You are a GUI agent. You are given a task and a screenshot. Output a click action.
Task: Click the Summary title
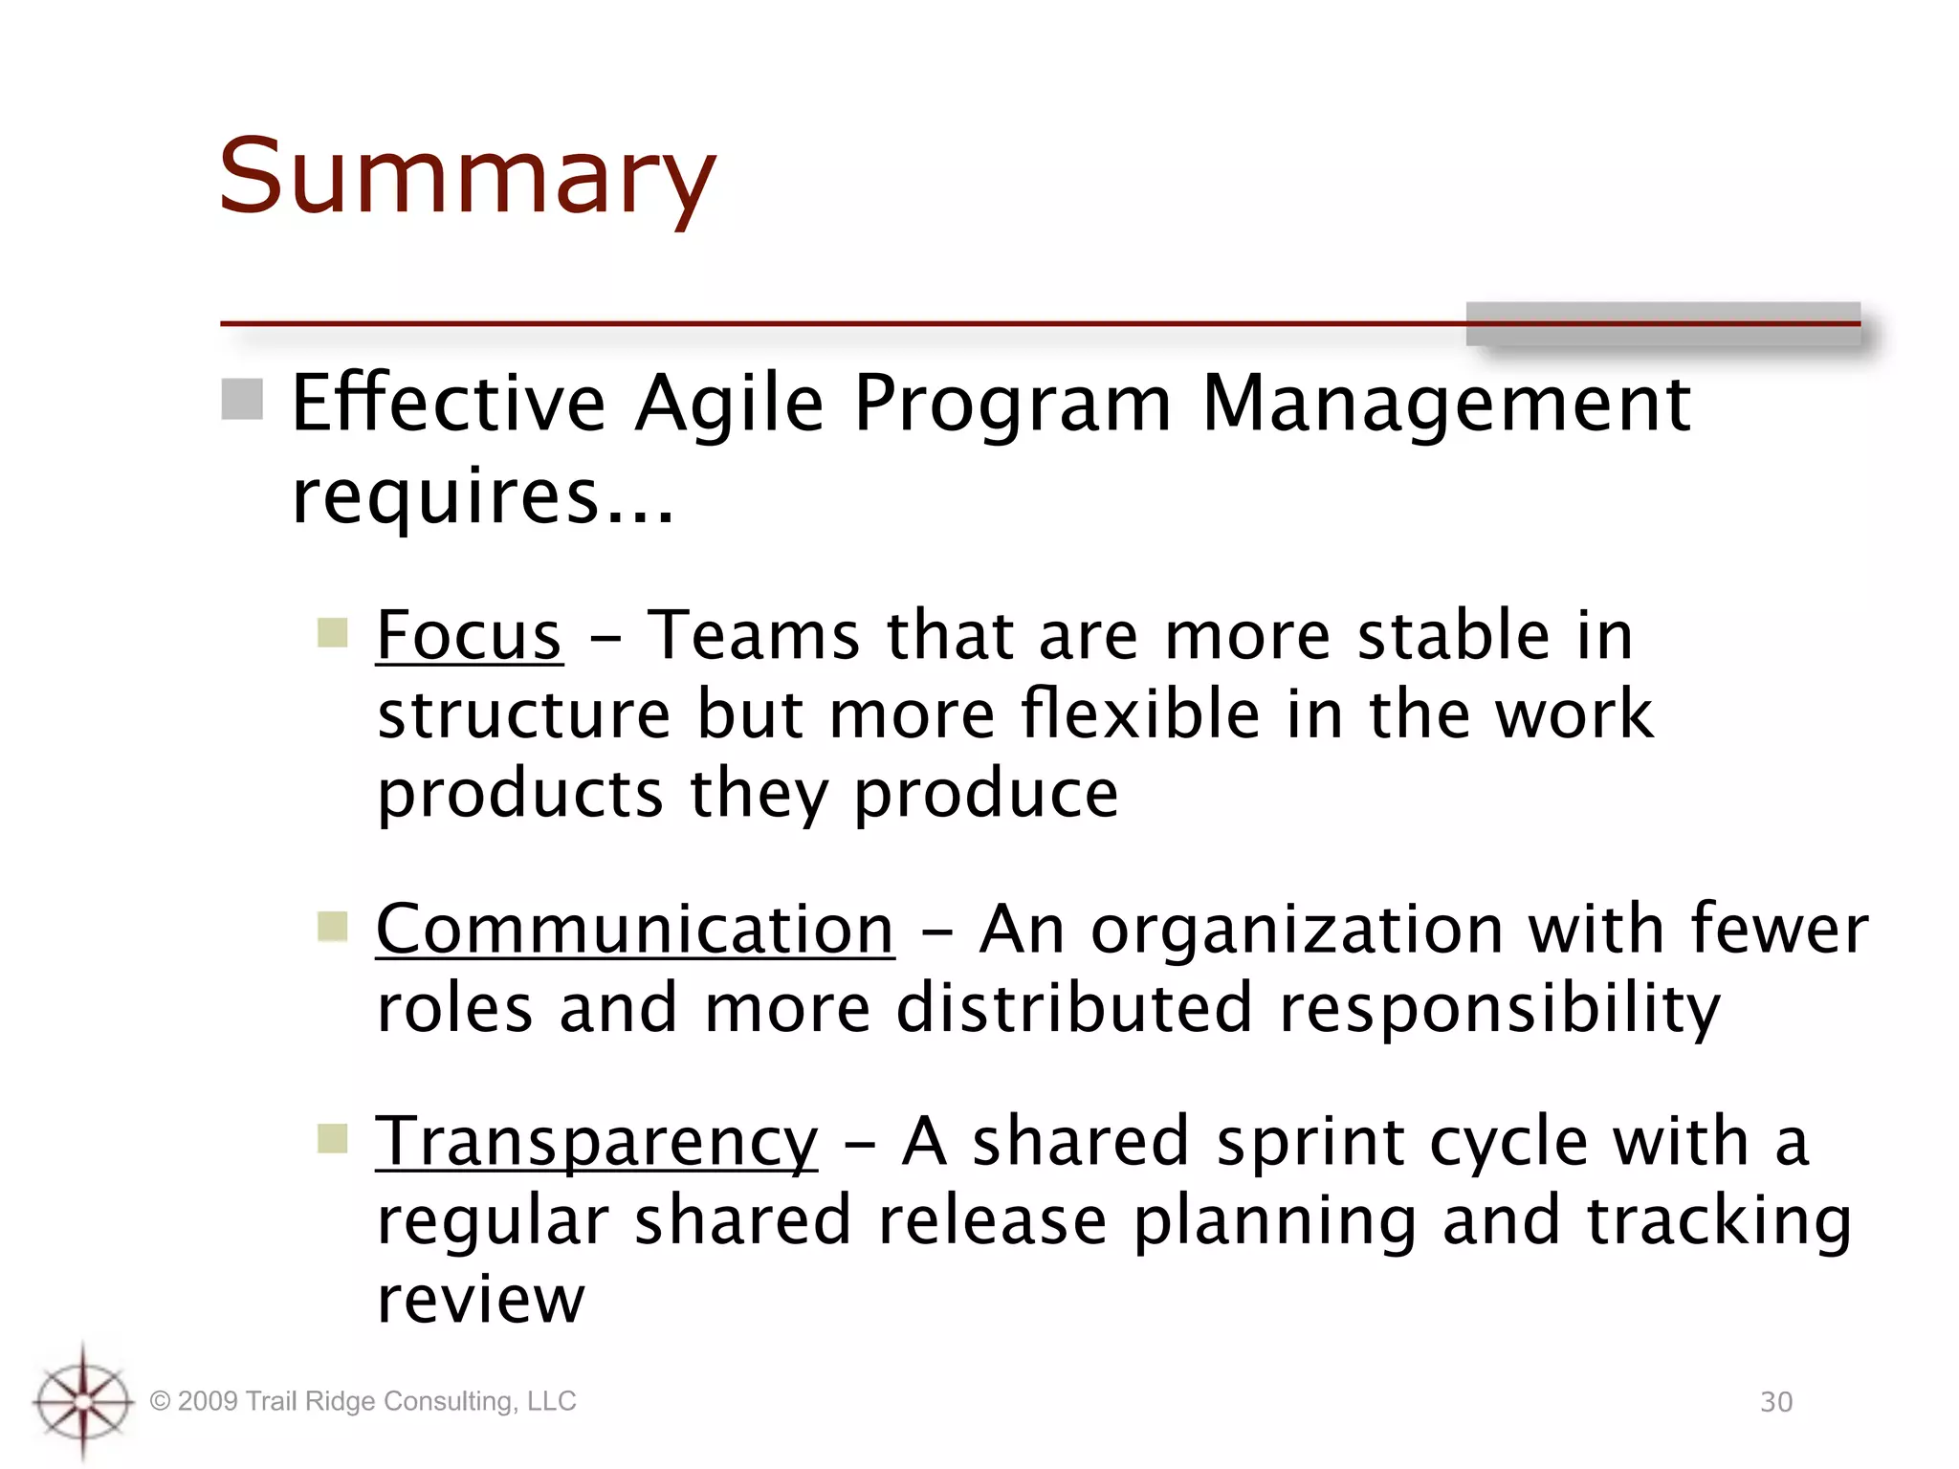tap(467, 177)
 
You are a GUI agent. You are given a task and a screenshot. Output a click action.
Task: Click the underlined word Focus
tap(469, 635)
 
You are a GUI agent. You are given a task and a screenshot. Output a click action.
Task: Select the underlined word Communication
tap(635, 929)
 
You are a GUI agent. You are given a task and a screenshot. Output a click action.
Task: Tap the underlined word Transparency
tap(597, 1141)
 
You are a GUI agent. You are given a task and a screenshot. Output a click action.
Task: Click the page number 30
tap(1776, 1402)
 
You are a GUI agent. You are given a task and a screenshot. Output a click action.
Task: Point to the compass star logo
tap(83, 1401)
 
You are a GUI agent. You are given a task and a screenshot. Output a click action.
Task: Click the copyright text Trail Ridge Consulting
tap(363, 1401)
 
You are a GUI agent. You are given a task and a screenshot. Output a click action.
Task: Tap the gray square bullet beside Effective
tap(242, 399)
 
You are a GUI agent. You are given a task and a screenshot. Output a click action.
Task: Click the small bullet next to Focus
tap(332, 632)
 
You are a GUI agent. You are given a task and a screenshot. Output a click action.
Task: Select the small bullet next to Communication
tap(332, 926)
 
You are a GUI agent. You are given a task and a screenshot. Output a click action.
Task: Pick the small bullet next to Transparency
tap(332, 1138)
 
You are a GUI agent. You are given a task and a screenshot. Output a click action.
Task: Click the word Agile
tap(729, 404)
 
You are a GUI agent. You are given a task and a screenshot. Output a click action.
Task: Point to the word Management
tap(1445, 404)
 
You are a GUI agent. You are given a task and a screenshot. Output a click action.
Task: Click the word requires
tap(446, 497)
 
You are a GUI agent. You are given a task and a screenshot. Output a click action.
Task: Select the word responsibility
tap(1499, 1008)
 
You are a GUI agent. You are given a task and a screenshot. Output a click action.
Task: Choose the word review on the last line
tap(480, 1301)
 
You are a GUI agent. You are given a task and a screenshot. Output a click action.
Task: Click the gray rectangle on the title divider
tap(1662, 324)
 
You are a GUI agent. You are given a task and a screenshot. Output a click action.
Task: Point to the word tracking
tap(1719, 1221)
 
